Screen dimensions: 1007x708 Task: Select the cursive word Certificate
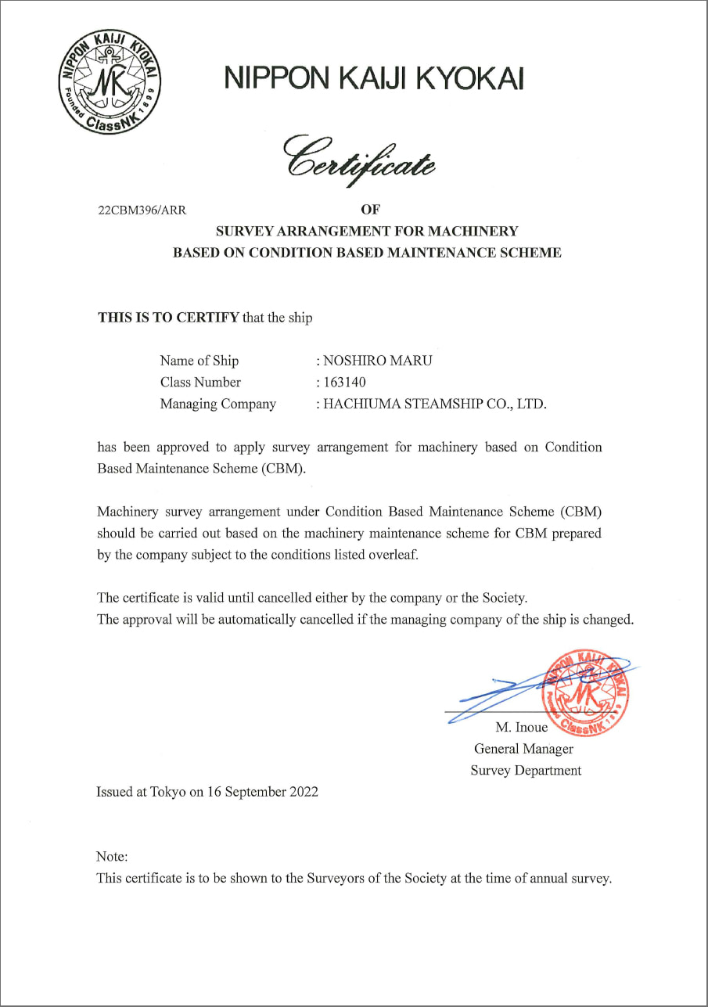click(x=360, y=156)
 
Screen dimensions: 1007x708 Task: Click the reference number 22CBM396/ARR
click(x=142, y=210)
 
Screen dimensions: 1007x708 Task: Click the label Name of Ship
click(x=199, y=361)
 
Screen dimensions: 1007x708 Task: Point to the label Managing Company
click(x=217, y=405)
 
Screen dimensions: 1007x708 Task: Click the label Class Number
click(x=200, y=383)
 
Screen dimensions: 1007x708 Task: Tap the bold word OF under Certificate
click(x=369, y=210)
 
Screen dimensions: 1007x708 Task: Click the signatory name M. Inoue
click(x=522, y=728)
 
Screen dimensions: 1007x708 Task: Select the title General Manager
click(x=523, y=749)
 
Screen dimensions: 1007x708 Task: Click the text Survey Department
click(x=526, y=771)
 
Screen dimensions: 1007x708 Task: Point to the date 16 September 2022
click(x=263, y=792)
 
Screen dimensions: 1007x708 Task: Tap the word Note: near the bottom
click(x=111, y=857)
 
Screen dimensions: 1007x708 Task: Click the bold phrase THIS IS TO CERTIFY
click(x=168, y=318)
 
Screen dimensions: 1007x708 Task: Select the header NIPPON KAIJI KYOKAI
click(x=374, y=79)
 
